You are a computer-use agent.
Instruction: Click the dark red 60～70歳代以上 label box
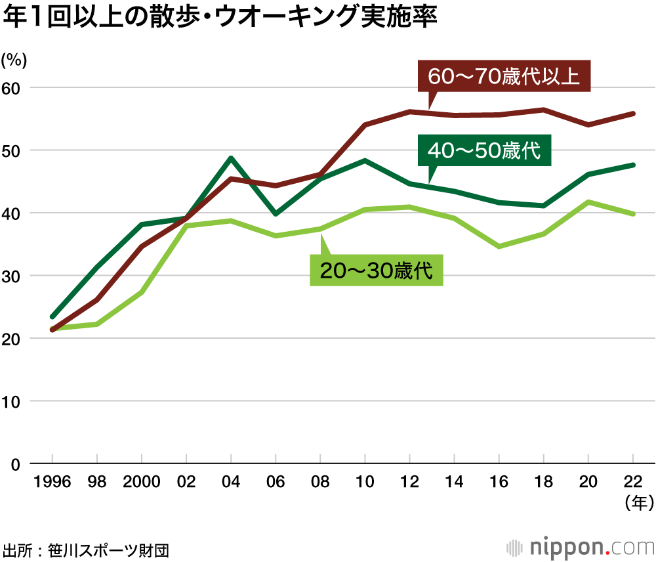(504, 76)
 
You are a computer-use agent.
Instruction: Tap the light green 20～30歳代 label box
(377, 270)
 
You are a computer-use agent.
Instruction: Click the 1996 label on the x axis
(52, 483)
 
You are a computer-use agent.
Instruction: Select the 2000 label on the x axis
(141, 483)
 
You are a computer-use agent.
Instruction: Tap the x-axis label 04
(231, 483)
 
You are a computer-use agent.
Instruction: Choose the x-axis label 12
(409, 483)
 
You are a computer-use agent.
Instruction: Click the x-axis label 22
(632, 483)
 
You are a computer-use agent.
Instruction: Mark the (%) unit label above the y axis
(14, 60)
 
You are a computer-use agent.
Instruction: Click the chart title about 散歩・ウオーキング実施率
(219, 18)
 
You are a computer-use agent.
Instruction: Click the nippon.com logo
(580, 547)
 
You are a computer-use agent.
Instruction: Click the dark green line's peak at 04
(231, 158)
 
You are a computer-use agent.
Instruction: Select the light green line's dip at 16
(499, 246)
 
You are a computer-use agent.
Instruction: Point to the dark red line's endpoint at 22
(632, 114)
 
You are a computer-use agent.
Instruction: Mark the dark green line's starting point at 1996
(52, 316)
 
